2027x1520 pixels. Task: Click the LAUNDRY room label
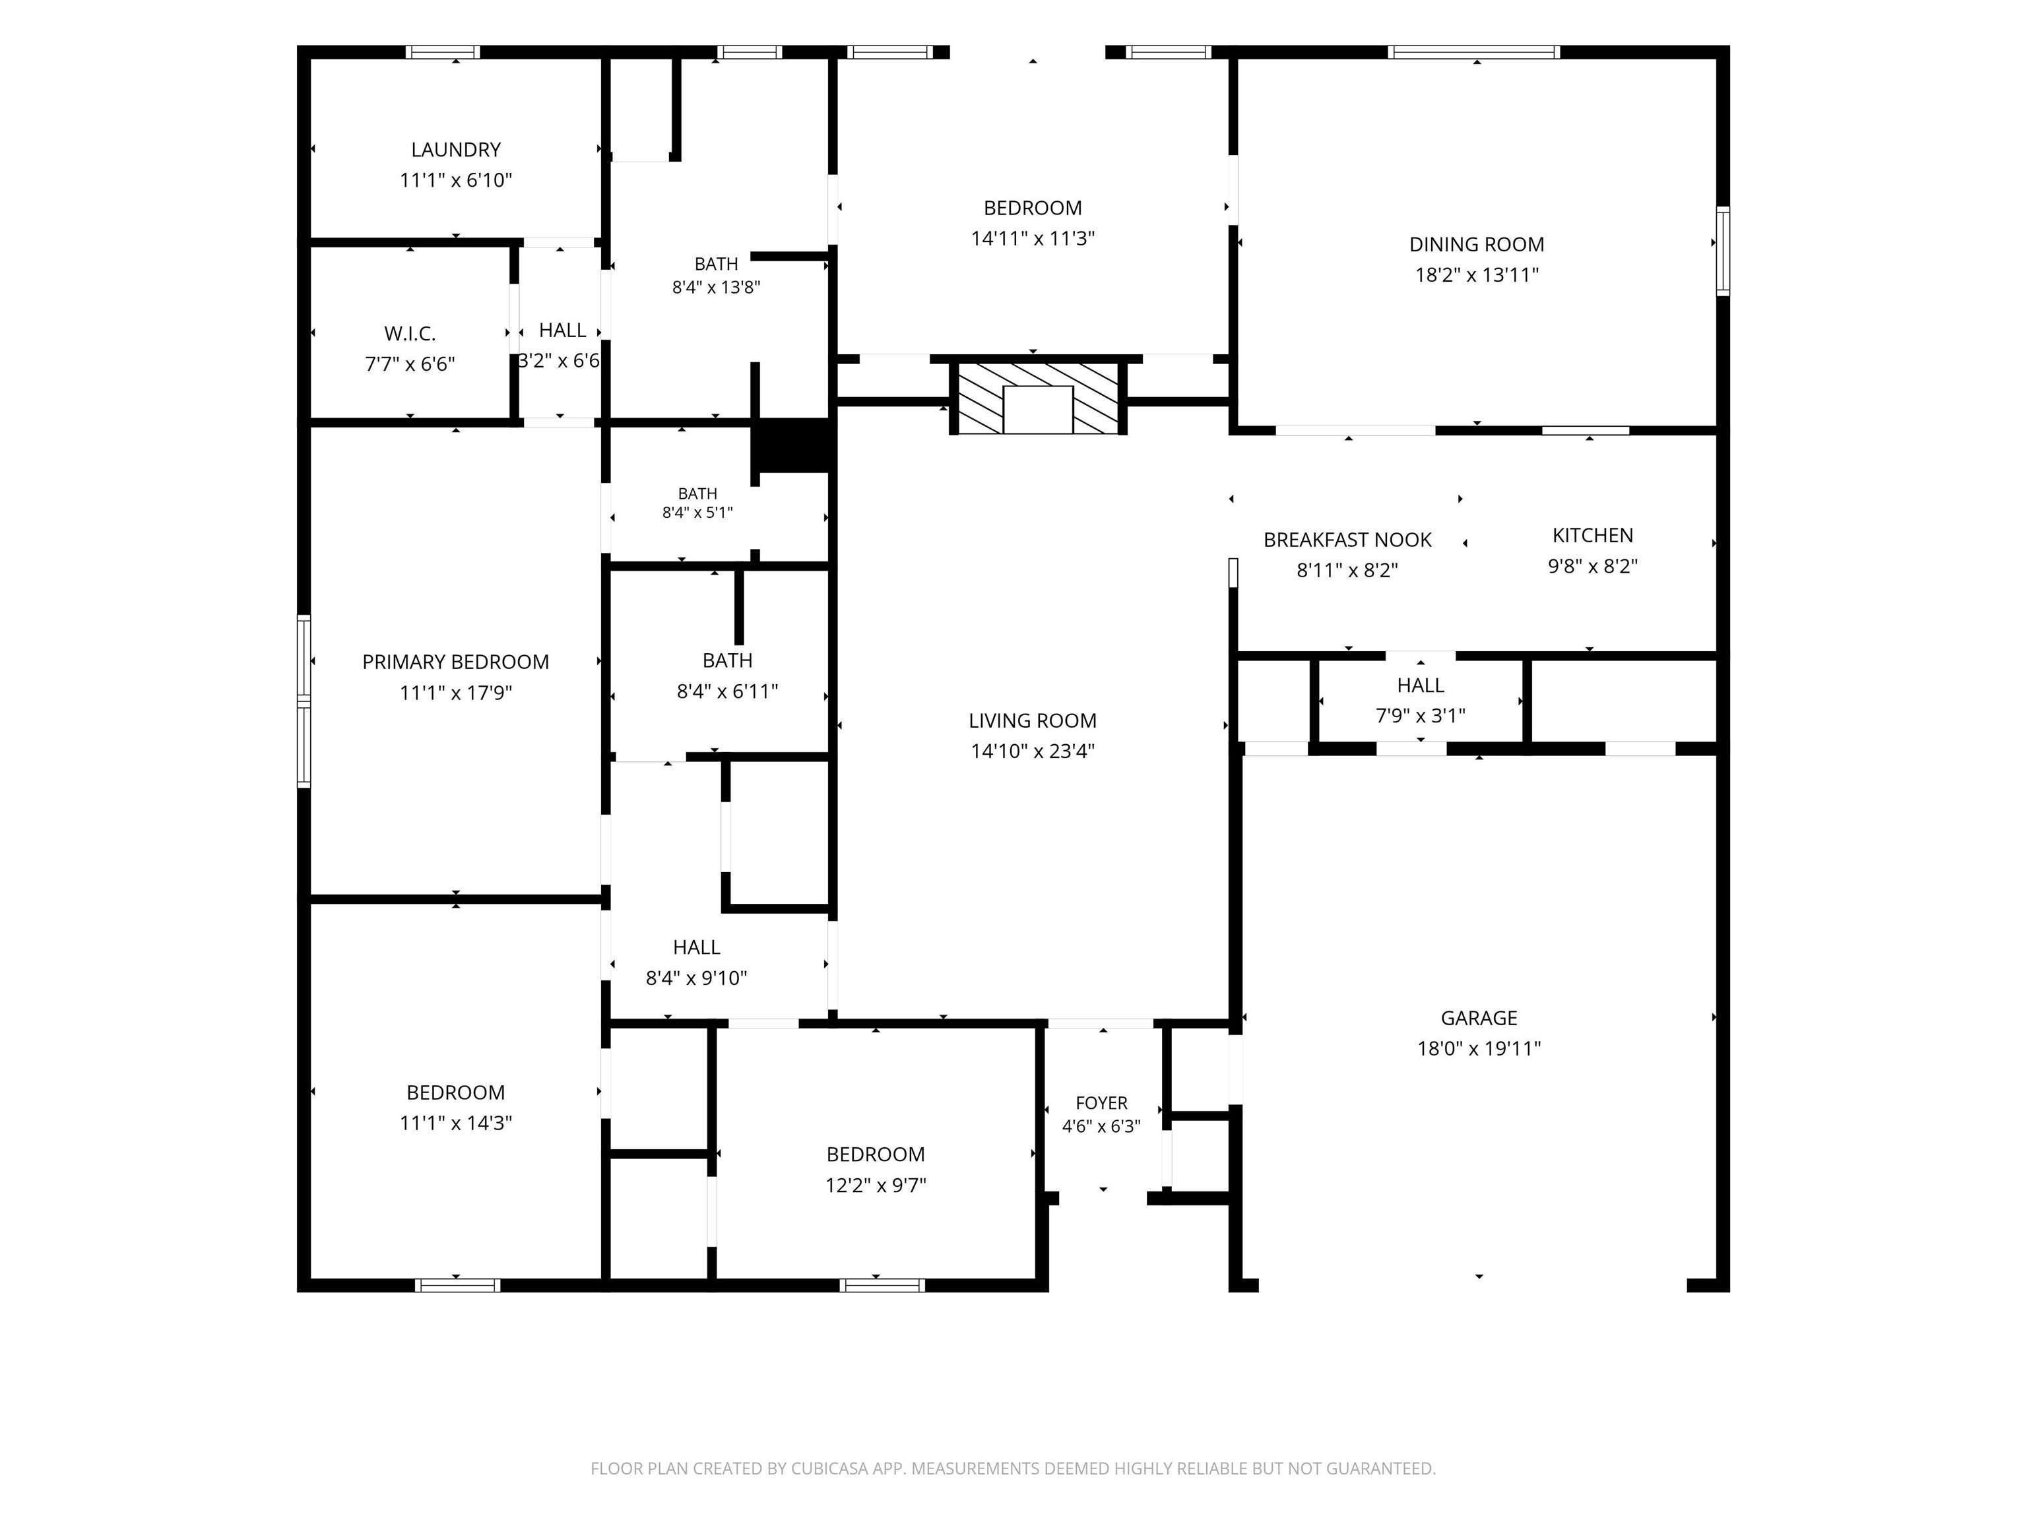point(455,149)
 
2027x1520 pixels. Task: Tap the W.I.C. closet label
point(410,334)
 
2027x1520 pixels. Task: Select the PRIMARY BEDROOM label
point(455,662)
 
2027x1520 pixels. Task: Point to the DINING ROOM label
point(1476,245)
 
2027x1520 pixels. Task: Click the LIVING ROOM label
point(1033,721)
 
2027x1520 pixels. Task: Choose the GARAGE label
point(1479,1018)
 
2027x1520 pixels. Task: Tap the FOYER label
point(1101,1103)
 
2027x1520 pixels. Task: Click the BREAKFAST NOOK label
point(1347,540)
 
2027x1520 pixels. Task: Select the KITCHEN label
point(1593,535)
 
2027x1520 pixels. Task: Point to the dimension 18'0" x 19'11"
point(1479,1048)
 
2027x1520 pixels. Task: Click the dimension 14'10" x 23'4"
point(1033,751)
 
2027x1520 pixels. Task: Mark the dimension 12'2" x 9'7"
point(875,1185)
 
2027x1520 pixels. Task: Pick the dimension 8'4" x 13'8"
point(716,287)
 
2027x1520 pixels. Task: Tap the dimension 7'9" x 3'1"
point(1421,716)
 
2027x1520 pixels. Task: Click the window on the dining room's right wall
point(1723,252)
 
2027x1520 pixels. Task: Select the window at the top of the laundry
point(443,52)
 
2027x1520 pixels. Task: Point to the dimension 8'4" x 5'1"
point(697,512)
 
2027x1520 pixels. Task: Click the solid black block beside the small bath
point(792,446)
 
